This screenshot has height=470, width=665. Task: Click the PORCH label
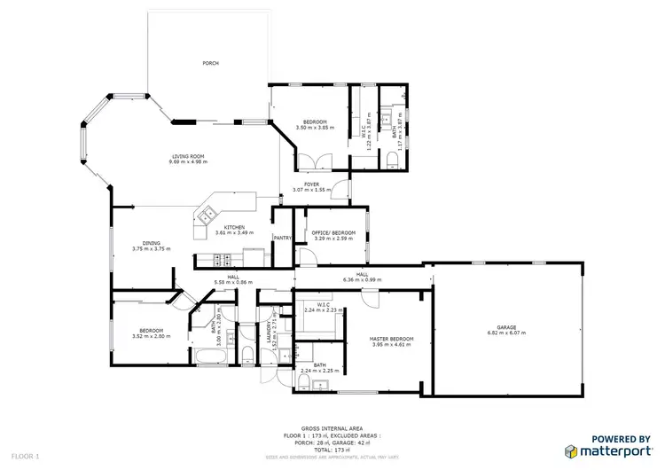click(x=210, y=64)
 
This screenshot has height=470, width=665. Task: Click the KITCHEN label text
click(x=234, y=227)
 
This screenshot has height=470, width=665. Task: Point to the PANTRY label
click(x=283, y=238)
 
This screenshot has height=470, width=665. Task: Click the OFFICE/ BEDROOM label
click(x=333, y=232)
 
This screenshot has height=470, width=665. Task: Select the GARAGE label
click(x=506, y=327)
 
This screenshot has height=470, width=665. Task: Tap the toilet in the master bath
click(x=303, y=381)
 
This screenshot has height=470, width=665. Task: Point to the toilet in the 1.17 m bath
click(x=391, y=158)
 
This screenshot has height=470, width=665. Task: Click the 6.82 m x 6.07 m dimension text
click(x=506, y=333)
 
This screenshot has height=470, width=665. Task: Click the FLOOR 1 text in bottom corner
click(x=16, y=455)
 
